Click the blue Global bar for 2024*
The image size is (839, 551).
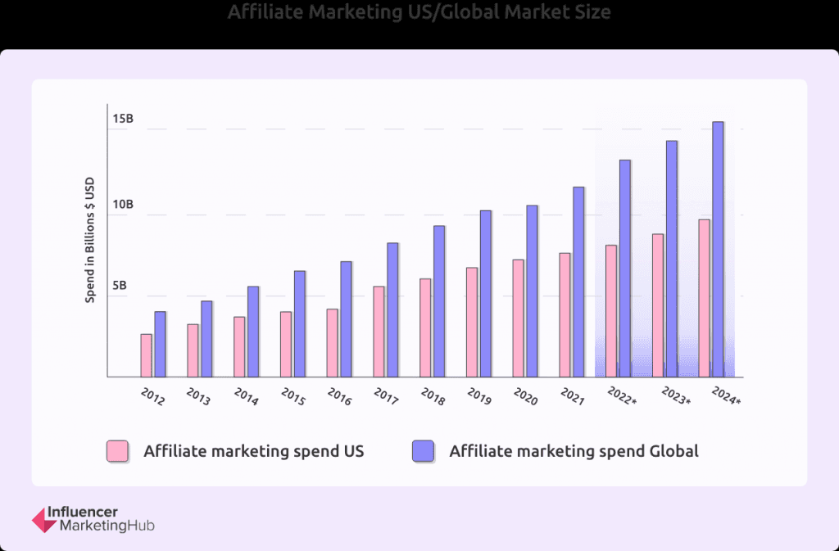coord(718,250)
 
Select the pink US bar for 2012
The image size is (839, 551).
coord(146,355)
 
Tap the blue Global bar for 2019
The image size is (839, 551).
coord(486,294)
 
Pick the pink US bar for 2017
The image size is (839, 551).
coord(379,332)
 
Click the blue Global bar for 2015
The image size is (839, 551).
coord(300,324)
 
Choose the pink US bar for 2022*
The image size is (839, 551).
coord(611,311)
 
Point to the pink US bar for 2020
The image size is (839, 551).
coord(519,318)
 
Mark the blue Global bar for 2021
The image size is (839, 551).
coord(578,282)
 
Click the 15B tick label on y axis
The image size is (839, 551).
coord(123,120)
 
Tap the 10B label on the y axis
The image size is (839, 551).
coord(123,204)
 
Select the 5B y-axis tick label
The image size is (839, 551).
coord(120,286)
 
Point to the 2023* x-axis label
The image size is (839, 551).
coord(677,397)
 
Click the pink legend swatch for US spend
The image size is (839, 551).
coord(117,451)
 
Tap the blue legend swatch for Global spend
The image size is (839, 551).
coord(424,451)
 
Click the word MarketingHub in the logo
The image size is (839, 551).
coord(107,526)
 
